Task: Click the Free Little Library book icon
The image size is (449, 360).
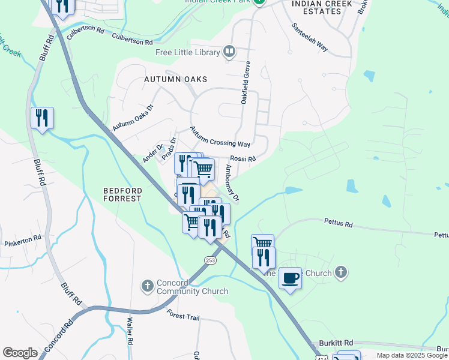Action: (229, 52)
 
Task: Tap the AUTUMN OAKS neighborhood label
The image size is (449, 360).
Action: (176, 79)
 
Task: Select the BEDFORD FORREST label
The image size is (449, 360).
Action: (122, 194)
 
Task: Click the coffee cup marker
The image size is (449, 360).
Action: (290, 278)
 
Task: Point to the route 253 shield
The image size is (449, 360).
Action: (210, 260)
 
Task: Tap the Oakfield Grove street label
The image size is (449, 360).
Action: (245, 83)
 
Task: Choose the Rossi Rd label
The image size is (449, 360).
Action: (243, 159)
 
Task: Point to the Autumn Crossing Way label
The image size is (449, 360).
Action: (220, 137)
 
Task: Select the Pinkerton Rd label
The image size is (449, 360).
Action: (22, 238)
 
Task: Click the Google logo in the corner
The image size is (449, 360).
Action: (20, 353)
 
